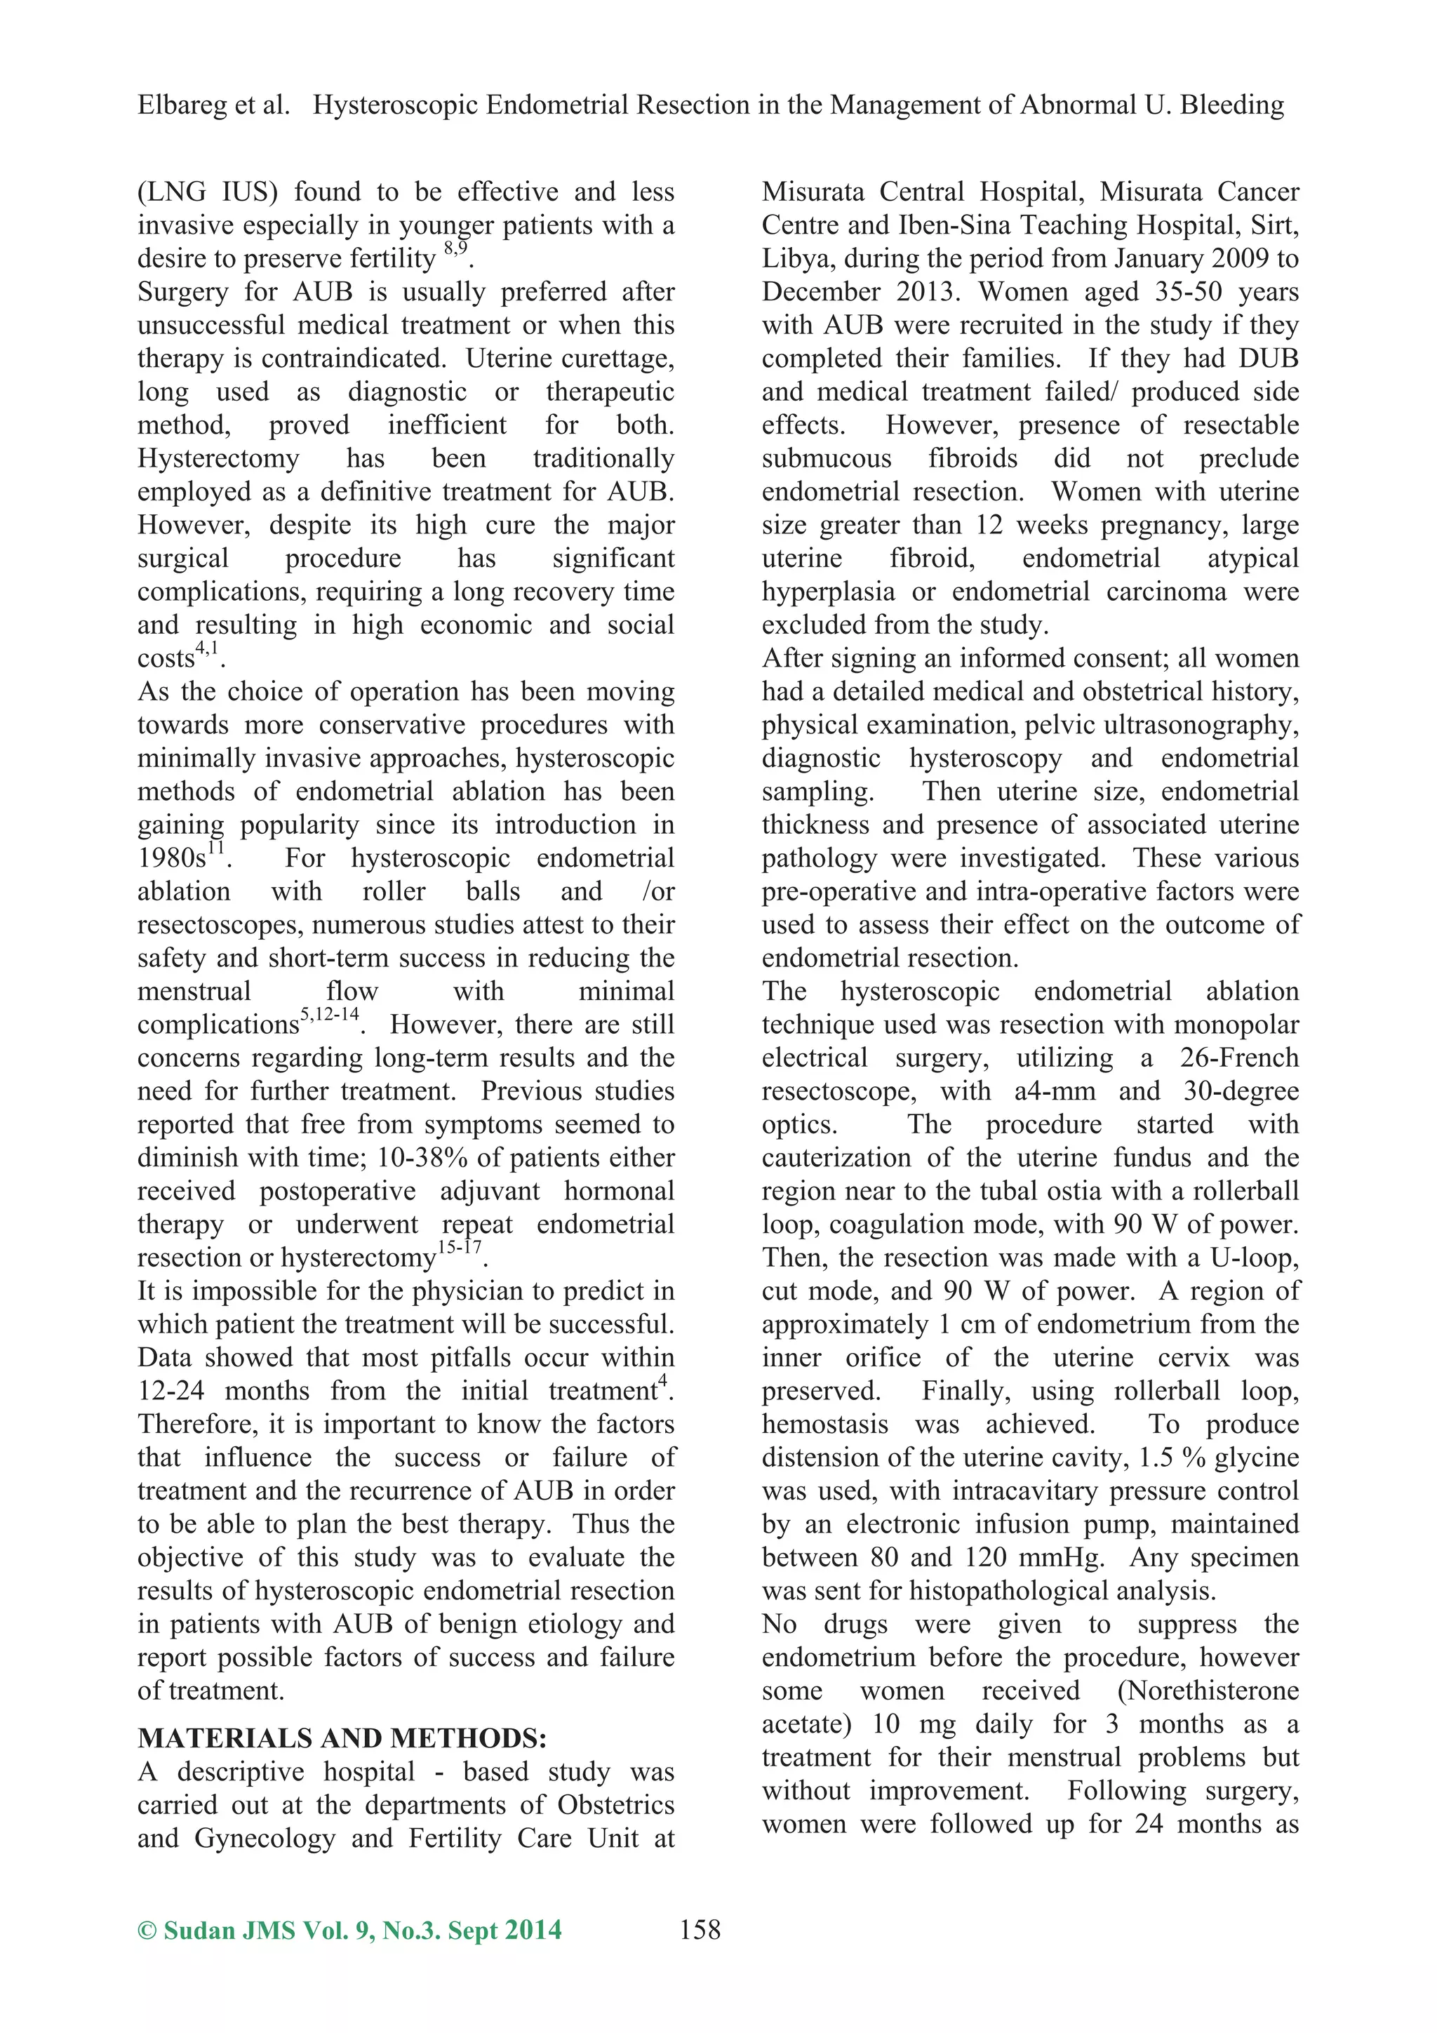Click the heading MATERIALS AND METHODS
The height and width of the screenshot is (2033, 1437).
[342, 1738]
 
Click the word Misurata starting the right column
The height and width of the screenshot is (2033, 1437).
[815, 192]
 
